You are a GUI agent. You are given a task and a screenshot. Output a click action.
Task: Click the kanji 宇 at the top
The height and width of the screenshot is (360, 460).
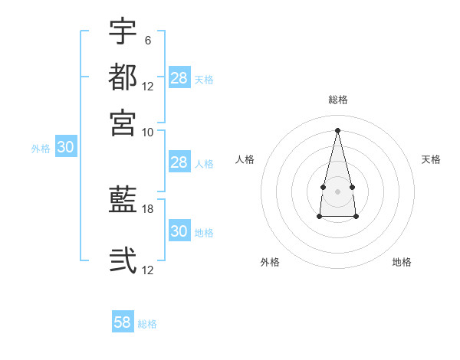tap(123, 32)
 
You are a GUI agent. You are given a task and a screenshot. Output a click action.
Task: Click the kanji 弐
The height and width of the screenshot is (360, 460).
tap(123, 260)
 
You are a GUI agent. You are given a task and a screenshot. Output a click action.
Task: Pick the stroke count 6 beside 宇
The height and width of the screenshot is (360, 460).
tap(147, 41)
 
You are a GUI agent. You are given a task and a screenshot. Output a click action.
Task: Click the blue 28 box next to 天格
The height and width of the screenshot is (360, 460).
tap(179, 77)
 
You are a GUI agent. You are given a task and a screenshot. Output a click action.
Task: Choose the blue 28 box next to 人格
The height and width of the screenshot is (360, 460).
tap(179, 162)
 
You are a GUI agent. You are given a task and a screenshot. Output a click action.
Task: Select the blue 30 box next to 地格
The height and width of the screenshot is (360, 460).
tap(179, 231)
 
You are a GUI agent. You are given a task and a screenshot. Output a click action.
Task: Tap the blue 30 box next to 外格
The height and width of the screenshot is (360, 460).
tap(65, 148)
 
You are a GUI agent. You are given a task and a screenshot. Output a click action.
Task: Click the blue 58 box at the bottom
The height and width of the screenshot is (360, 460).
tap(123, 322)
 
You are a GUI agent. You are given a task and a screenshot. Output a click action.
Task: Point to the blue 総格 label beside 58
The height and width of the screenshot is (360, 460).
tap(147, 324)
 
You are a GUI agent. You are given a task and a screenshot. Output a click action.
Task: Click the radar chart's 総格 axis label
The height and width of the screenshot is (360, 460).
tap(338, 100)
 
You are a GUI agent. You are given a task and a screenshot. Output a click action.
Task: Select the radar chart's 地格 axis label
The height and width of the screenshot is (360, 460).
tap(402, 262)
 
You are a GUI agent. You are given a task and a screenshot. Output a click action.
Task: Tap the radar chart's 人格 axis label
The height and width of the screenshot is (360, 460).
tap(245, 159)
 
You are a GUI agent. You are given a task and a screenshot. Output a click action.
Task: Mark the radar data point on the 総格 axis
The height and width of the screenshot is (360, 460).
tap(338, 129)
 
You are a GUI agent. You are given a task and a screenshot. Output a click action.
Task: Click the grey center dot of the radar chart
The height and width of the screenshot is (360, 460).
tap(337, 190)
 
